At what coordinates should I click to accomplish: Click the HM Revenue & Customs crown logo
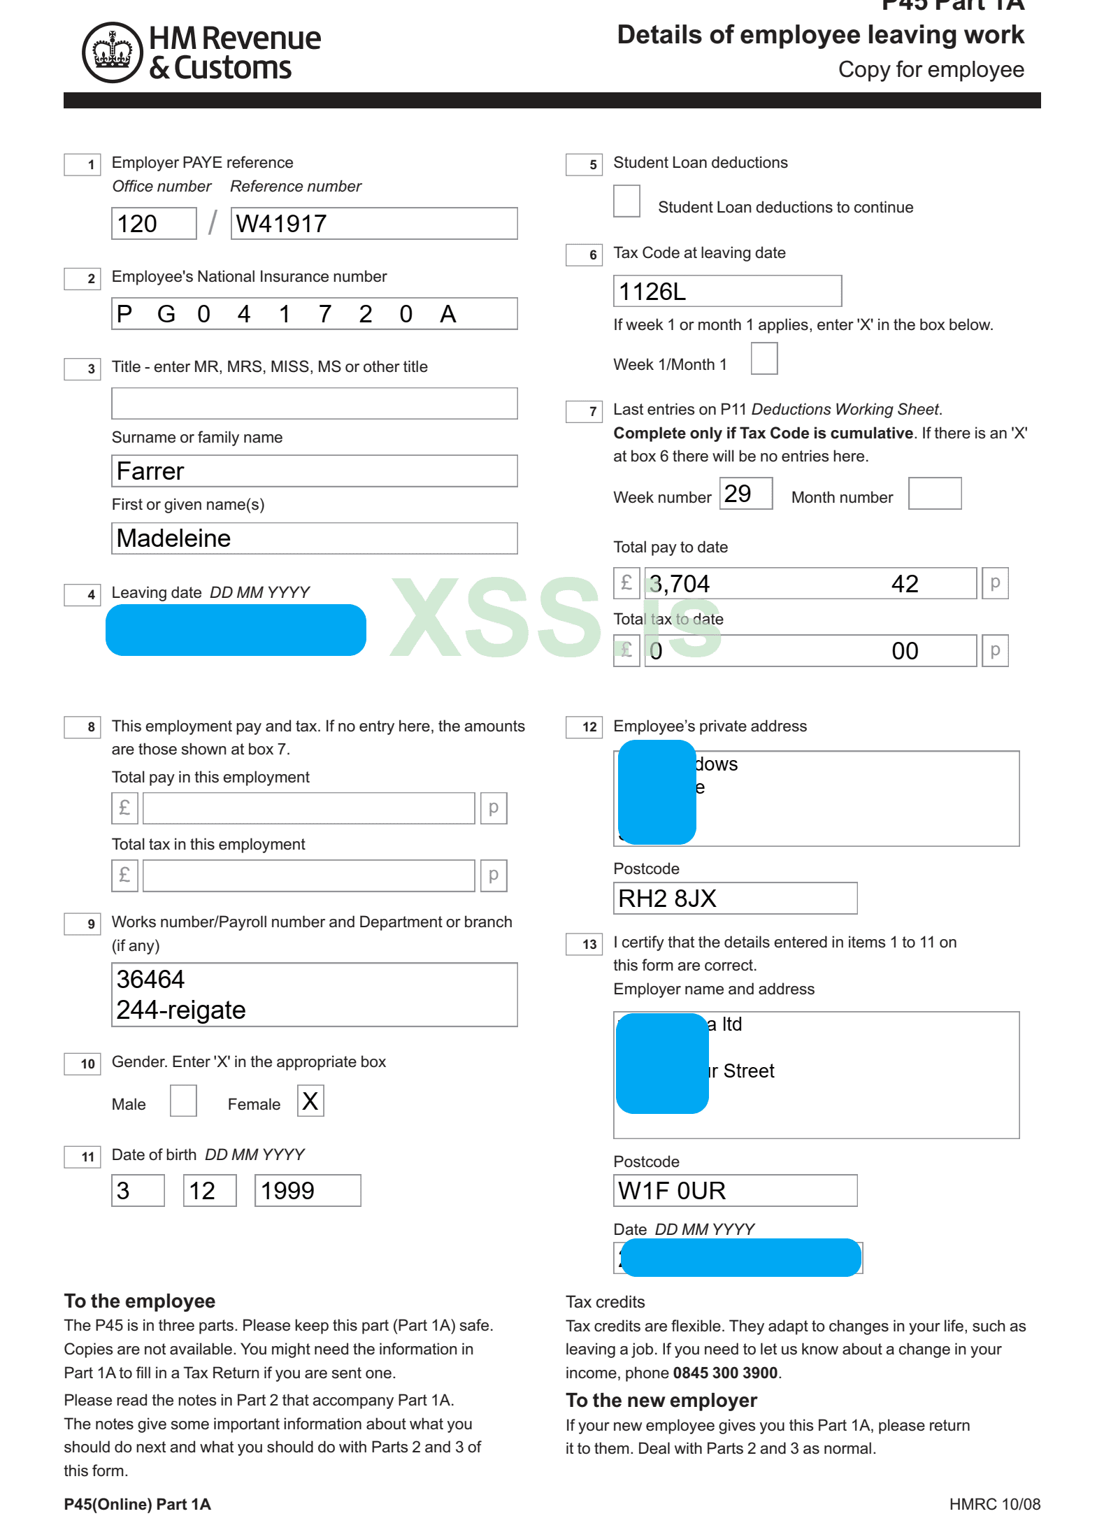(113, 52)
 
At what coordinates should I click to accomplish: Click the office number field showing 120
(154, 224)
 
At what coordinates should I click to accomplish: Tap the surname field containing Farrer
(314, 471)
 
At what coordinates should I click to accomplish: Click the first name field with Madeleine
(314, 538)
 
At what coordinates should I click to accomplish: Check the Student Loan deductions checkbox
(626, 201)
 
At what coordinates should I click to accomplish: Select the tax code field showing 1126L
(727, 291)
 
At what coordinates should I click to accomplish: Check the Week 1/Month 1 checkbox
(764, 359)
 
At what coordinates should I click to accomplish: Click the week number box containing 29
(745, 494)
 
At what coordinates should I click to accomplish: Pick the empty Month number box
(935, 494)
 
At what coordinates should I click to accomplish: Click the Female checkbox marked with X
(310, 1101)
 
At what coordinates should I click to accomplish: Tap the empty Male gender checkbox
(183, 1101)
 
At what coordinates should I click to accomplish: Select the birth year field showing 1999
(308, 1191)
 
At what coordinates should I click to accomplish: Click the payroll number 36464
(151, 980)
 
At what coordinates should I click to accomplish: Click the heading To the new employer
(661, 1401)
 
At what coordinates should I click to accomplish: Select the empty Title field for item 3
(314, 404)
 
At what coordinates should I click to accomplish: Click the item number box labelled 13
(584, 945)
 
